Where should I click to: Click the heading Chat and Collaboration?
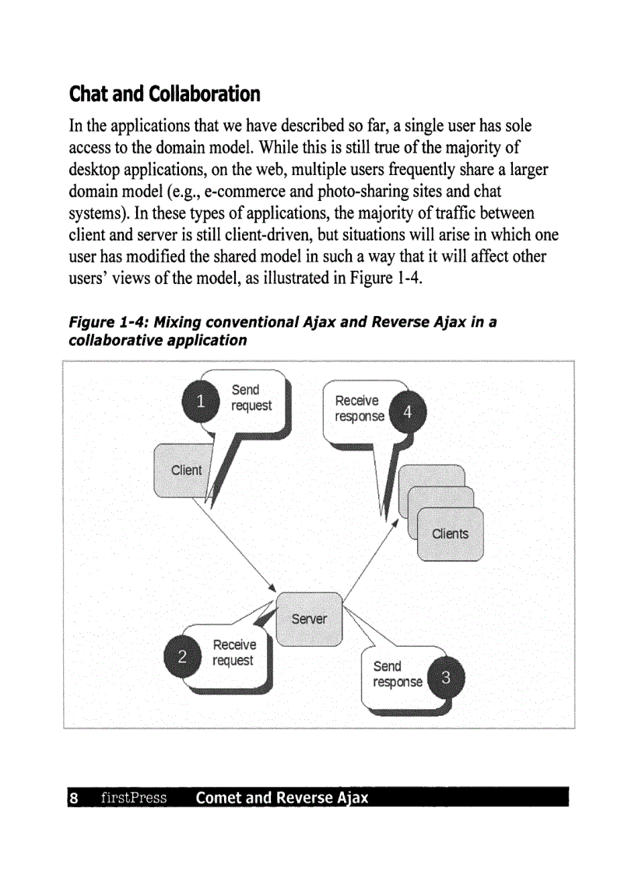click(x=164, y=95)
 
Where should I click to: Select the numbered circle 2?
click(x=182, y=656)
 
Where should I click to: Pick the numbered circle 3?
click(x=446, y=678)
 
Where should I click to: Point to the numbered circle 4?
click(x=408, y=411)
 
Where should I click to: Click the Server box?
click(x=309, y=619)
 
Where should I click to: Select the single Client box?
click(x=185, y=470)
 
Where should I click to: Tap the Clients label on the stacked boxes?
click(x=450, y=533)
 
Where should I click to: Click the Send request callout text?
click(x=251, y=398)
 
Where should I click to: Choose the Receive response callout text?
click(x=359, y=409)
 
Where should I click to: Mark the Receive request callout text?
click(x=233, y=652)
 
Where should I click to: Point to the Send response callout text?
click(x=397, y=674)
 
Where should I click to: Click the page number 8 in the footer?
click(x=73, y=798)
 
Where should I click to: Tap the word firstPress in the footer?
click(x=134, y=798)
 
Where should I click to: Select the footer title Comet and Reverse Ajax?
click(x=282, y=798)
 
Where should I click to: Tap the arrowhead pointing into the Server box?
click(x=272, y=588)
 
